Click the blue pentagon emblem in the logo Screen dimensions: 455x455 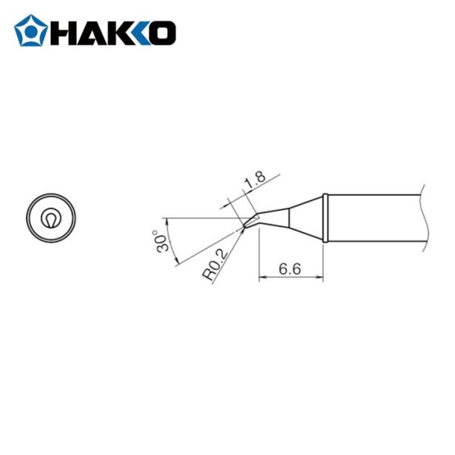pos(30,31)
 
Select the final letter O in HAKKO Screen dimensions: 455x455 pos(163,32)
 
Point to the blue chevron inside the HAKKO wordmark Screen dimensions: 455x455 pos(140,32)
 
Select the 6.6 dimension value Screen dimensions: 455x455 pos(290,270)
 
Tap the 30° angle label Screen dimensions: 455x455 pos(162,241)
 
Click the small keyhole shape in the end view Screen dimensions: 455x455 pos(51,218)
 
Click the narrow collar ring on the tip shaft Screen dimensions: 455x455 pos(325,218)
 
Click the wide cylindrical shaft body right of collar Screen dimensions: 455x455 pos(372,218)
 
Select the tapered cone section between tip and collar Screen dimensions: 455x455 pos(303,216)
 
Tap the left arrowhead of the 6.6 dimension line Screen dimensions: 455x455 pos(262,279)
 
